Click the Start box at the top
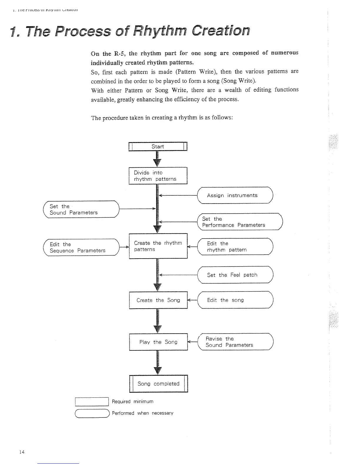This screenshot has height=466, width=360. click(158, 146)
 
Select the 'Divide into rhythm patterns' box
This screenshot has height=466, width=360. click(158, 176)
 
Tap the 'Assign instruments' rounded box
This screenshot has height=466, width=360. click(235, 195)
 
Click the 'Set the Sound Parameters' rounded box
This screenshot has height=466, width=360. click(81, 209)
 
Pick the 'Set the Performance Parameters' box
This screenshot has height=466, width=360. click(240, 222)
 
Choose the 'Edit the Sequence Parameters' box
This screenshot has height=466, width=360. click(81, 247)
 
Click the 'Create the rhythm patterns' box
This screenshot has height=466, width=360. click(158, 246)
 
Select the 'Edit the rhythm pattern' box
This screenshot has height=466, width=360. click(235, 247)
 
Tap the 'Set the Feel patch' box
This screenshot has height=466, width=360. click(235, 275)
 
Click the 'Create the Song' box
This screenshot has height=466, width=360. click(158, 300)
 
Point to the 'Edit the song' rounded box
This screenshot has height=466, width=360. click(235, 300)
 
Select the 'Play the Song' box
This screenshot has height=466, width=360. click(158, 342)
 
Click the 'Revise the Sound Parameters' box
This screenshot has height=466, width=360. click(235, 342)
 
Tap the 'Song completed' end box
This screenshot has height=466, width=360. click(158, 384)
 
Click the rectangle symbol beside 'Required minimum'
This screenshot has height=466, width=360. click(92, 402)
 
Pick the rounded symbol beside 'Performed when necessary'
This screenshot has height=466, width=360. click(92, 413)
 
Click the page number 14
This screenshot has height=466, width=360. click(22, 452)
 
